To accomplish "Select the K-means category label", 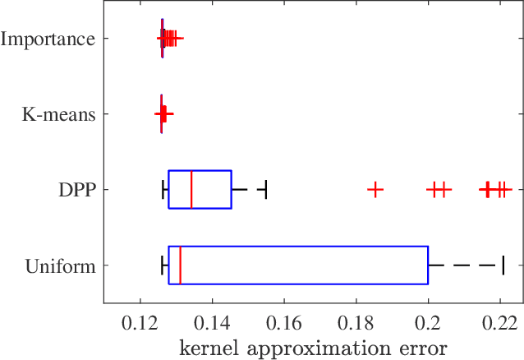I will [58, 114].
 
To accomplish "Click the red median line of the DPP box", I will [191, 190].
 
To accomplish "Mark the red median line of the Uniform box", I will [180, 265].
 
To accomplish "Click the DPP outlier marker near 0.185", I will [375, 190].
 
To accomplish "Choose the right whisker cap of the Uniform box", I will [503, 265].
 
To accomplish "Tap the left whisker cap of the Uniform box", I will [163, 265].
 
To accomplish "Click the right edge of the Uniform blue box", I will [428, 265].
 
